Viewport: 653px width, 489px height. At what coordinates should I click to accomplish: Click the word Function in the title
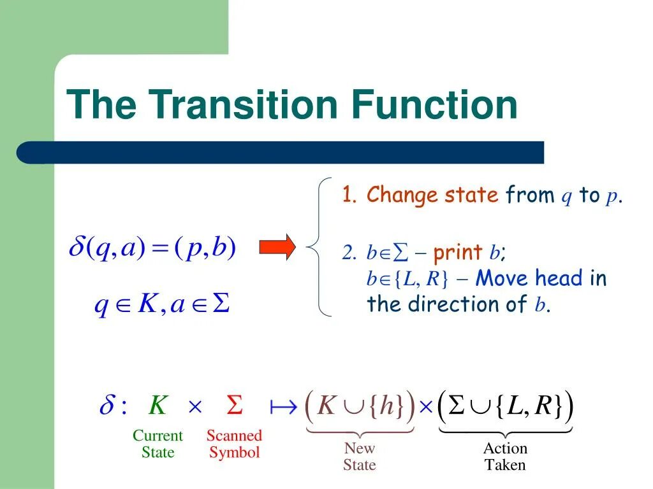click(x=434, y=105)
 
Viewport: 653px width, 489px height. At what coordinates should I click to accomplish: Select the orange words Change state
click(x=432, y=195)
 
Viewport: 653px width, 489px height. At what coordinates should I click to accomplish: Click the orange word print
click(x=457, y=253)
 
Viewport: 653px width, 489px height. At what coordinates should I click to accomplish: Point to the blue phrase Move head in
click(x=541, y=278)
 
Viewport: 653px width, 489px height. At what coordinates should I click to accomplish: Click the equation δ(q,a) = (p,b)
click(x=152, y=248)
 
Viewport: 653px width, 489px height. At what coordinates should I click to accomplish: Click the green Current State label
click(x=158, y=444)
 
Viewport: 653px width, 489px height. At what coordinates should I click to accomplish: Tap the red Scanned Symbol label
click(x=234, y=444)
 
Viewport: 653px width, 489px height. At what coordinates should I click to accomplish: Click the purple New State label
click(x=360, y=457)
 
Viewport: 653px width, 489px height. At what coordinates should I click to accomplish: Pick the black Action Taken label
click(x=505, y=457)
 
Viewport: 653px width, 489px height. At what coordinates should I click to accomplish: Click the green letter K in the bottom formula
click(x=158, y=406)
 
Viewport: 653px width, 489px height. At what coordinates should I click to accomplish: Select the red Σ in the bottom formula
click(x=235, y=406)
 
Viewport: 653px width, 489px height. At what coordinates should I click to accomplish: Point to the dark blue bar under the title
click(x=281, y=153)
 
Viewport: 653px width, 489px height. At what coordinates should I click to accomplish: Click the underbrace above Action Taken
click(x=505, y=432)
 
